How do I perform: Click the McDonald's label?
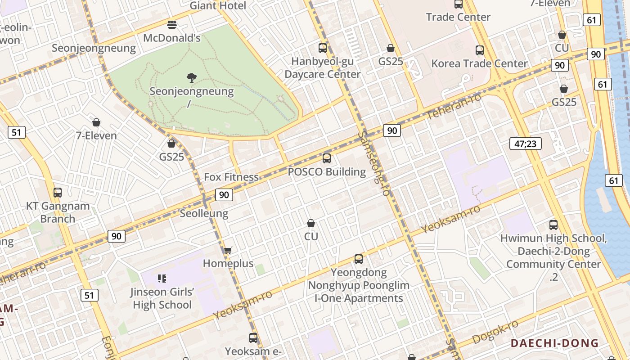pyautogui.click(x=172, y=38)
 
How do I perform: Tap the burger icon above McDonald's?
pyautogui.click(x=171, y=24)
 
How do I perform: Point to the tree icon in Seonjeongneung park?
pyautogui.click(x=192, y=77)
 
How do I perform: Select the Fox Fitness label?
pyautogui.click(x=231, y=177)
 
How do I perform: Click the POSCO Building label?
pyautogui.click(x=327, y=171)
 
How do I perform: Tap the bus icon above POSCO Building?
pyautogui.click(x=327, y=158)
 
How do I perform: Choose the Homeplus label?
pyautogui.click(x=228, y=263)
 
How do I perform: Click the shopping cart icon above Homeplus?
pyautogui.click(x=228, y=250)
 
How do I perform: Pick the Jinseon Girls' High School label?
pyautogui.click(x=162, y=298)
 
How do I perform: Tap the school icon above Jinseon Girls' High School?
pyautogui.click(x=162, y=279)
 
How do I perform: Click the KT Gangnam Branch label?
pyautogui.click(x=58, y=212)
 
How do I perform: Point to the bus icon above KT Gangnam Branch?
pyautogui.click(x=58, y=193)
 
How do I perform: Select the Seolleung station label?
pyautogui.click(x=204, y=213)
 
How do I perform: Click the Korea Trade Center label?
pyautogui.click(x=479, y=63)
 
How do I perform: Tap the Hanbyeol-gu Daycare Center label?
pyautogui.click(x=323, y=68)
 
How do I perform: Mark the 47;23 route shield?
pyautogui.click(x=526, y=144)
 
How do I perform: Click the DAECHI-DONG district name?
pyautogui.click(x=554, y=343)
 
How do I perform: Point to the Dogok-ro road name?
pyautogui.click(x=495, y=332)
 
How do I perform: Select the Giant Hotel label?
pyautogui.click(x=218, y=6)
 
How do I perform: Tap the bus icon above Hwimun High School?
pyautogui.click(x=553, y=225)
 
